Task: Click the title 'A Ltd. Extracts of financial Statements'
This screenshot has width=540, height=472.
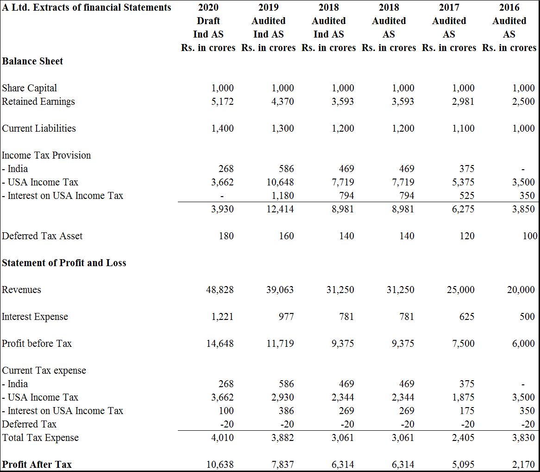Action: (x=87, y=7)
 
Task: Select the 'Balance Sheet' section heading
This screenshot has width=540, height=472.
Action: (x=32, y=61)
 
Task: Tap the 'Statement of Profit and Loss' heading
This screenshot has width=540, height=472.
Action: (x=64, y=263)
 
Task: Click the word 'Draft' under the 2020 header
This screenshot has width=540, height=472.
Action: (x=208, y=21)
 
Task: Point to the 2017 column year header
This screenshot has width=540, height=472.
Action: (x=449, y=7)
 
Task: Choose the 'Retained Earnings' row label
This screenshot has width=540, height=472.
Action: (x=38, y=102)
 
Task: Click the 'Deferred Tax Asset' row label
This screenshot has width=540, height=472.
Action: (x=42, y=236)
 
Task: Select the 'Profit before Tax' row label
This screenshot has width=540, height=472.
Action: (x=37, y=344)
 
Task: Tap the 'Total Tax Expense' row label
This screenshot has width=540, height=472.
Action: (x=40, y=438)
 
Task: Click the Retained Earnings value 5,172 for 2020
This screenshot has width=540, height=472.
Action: (x=222, y=102)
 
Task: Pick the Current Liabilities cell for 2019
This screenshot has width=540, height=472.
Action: (x=283, y=128)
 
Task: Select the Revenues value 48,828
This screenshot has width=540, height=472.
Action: (x=220, y=290)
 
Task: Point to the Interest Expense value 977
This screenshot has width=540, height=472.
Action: (x=286, y=317)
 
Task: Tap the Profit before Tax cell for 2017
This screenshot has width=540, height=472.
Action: (x=463, y=344)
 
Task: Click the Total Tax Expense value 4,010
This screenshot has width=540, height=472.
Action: (x=222, y=438)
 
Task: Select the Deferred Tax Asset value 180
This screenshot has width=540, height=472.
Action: (x=226, y=236)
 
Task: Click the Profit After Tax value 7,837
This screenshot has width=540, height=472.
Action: (x=283, y=465)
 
